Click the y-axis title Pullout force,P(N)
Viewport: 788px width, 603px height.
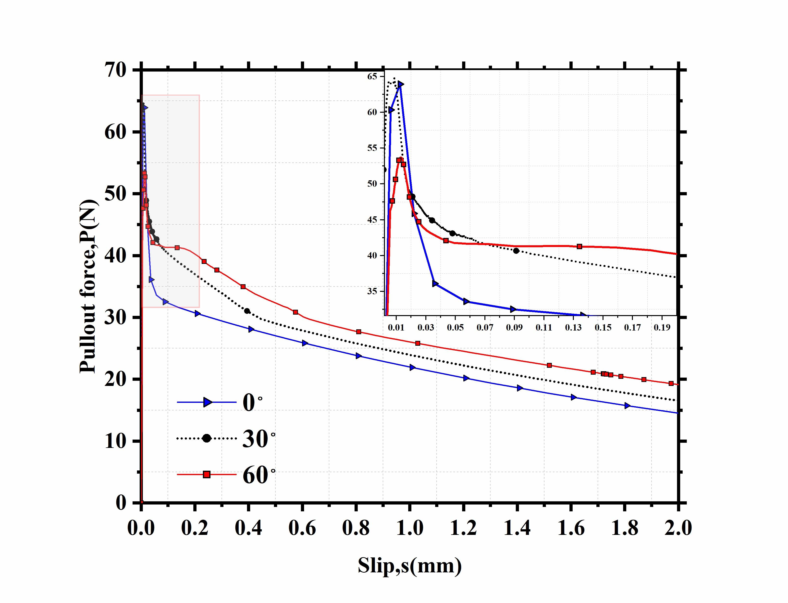(x=88, y=286)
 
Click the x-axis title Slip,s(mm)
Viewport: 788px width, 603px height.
(x=409, y=566)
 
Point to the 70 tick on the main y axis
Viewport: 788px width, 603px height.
(x=116, y=70)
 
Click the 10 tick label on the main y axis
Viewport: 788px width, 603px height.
(x=116, y=441)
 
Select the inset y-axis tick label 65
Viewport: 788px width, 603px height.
(x=372, y=76)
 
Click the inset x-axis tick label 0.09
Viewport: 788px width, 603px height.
(x=514, y=328)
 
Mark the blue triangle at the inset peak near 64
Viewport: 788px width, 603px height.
(x=400, y=84)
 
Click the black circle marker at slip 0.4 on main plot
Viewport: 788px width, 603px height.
(x=247, y=311)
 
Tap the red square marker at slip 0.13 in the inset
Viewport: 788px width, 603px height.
(x=579, y=246)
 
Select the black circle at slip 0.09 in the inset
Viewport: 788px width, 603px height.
(x=516, y=250)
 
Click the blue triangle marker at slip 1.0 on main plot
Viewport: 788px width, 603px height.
(x=412, y=368)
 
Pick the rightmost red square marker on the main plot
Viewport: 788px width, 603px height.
(x=671, y=383)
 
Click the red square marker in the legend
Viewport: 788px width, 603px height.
(x=207, y=475)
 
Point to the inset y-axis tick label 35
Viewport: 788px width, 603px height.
(x=372, y=291)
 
